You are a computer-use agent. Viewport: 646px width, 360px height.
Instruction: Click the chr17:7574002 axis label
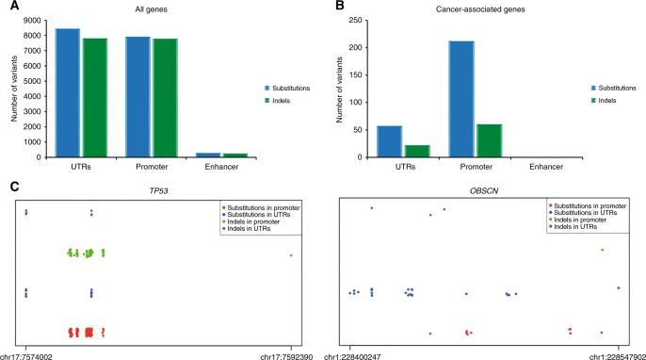[26, 353]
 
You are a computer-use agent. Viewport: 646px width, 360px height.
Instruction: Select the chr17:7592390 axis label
[290, 353]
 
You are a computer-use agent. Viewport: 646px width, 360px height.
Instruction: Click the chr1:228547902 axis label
[617, 353]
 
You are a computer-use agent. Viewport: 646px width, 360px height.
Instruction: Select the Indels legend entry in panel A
[281, 99]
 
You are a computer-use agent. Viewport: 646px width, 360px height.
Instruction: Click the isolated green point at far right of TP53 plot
[291, 255]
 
